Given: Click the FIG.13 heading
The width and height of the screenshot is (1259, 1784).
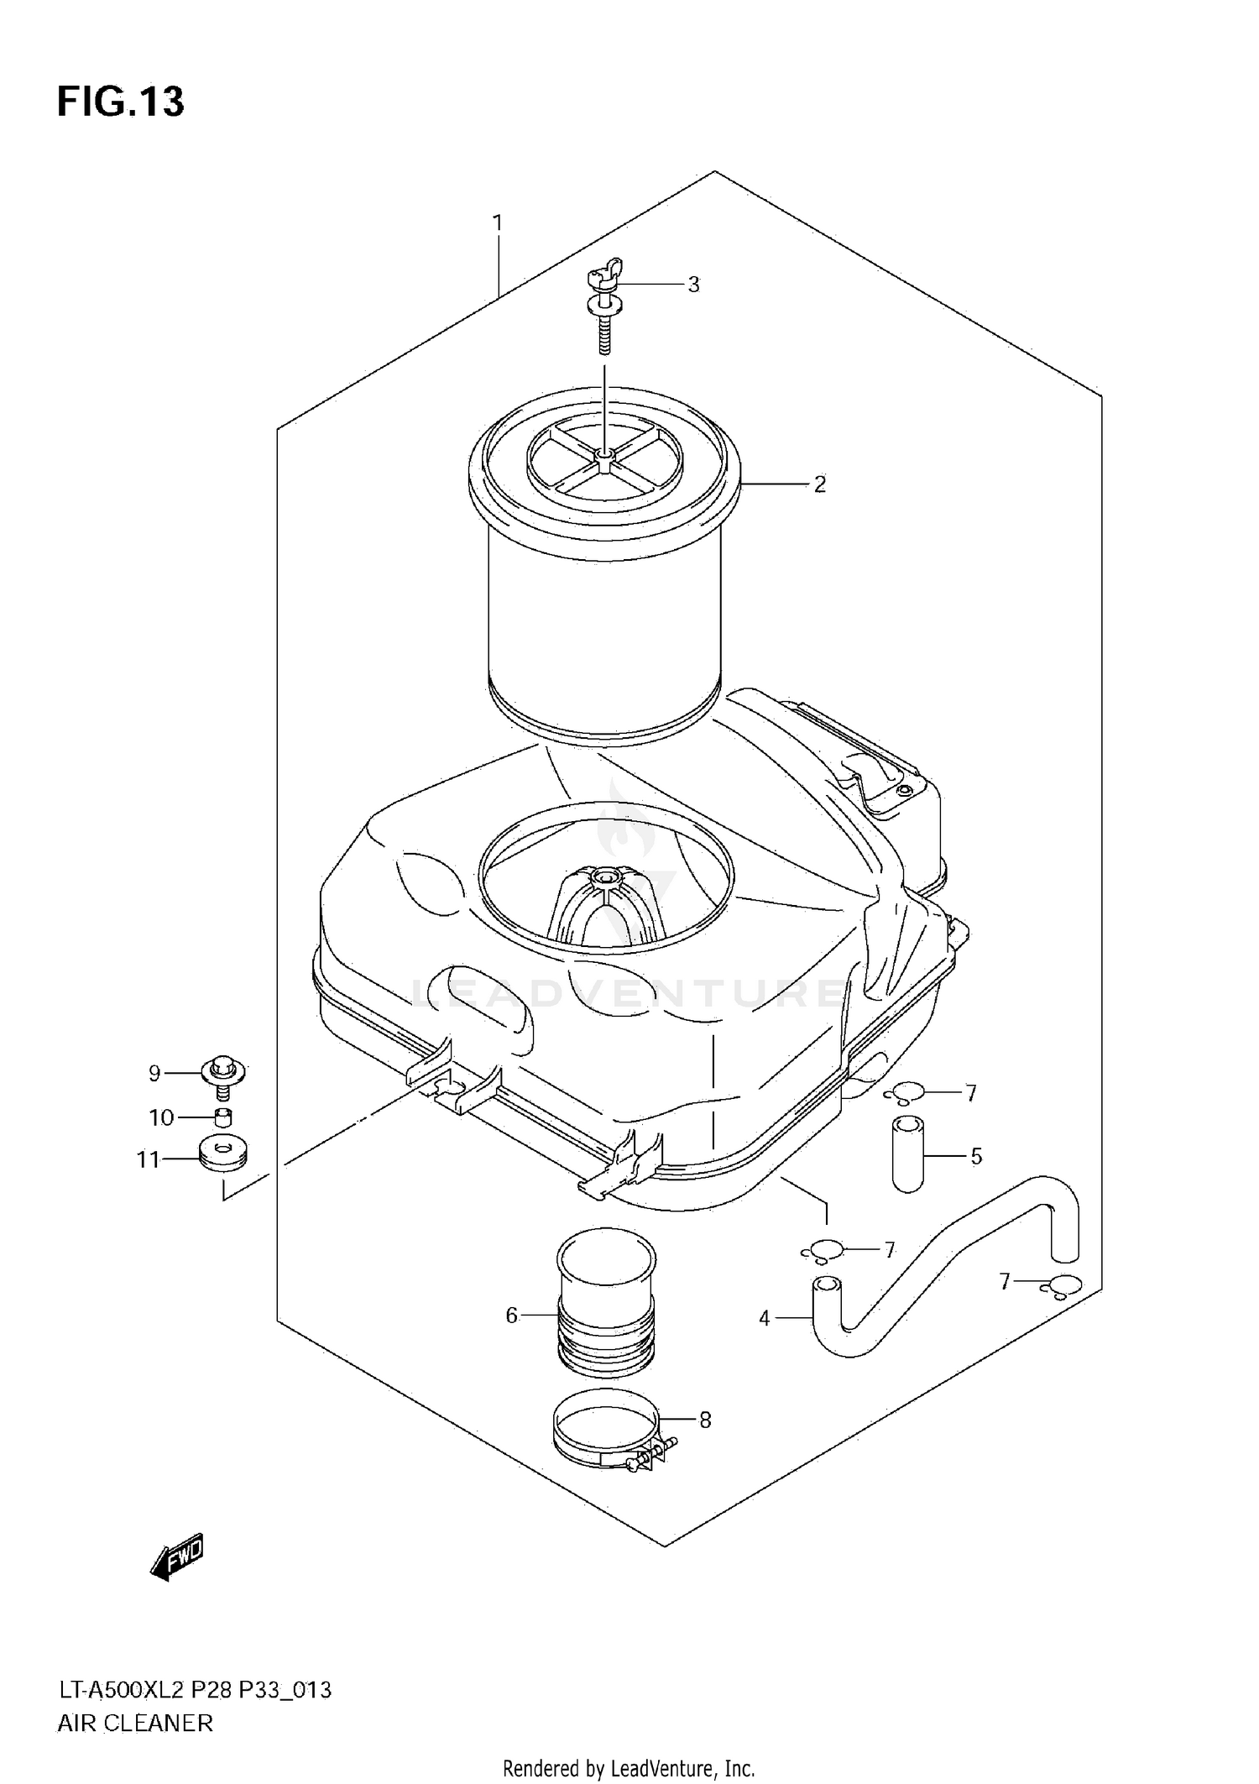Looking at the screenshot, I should [x=120, y=102].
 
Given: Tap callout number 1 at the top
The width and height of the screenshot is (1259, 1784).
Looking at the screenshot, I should [x=497, y=223].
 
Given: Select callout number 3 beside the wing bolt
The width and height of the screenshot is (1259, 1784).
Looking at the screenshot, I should [x=693, y=285].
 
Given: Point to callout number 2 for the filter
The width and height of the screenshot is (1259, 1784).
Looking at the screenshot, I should [x=819, y=484].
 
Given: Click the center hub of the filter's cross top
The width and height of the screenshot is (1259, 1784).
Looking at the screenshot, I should [x=603, y=455].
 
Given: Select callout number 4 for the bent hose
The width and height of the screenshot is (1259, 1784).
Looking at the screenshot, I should [x=764, y=1319].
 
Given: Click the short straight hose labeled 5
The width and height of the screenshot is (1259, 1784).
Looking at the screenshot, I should [x=907, y=1154].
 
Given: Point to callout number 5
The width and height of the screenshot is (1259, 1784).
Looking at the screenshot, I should [x=976, y=1157].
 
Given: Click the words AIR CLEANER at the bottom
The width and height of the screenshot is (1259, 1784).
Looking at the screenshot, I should [x=134, y=1724].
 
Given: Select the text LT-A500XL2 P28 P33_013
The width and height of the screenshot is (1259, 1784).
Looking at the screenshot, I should [x=194, y=1689].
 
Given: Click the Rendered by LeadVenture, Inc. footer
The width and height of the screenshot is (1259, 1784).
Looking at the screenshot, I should [x=629, y=1769].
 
